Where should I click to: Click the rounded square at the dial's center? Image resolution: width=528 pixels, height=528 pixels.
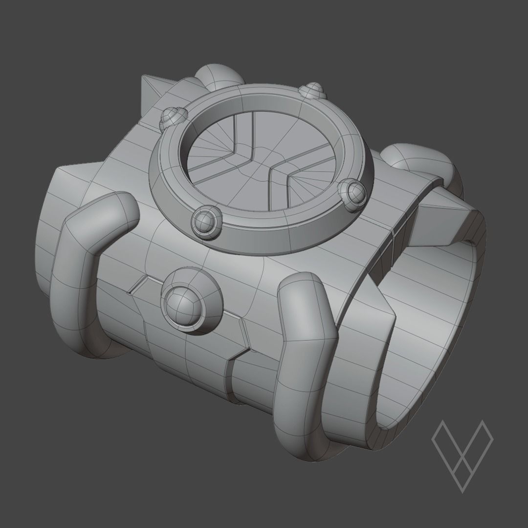tap(270, 156)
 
